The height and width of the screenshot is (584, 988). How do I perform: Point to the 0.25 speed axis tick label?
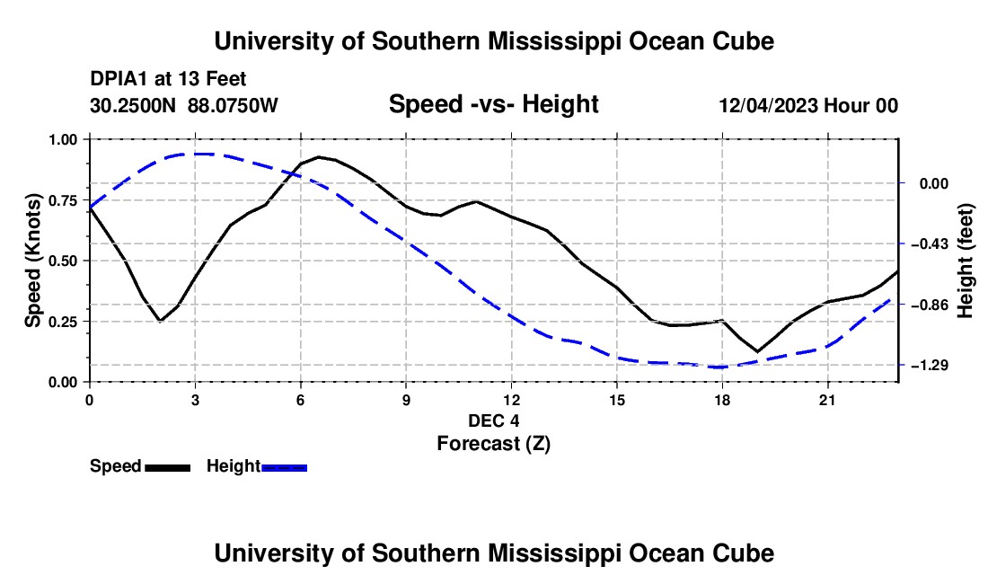click(x=63, y=322)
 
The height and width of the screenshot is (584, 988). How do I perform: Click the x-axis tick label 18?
click(x=722, y=400)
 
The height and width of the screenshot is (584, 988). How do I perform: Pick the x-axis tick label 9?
click(x=406, y=400)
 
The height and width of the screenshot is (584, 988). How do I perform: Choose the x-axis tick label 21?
click(x=827, y=400)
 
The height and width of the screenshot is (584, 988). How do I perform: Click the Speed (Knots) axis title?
click(x=32, y=261)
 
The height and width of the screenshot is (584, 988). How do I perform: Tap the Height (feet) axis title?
click(x=966, y=261)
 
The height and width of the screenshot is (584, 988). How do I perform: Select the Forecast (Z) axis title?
click(x=494, y=444)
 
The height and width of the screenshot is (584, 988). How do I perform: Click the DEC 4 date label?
click(x=494, y=420)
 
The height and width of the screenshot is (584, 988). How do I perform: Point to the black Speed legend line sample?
click(x=168, y=467)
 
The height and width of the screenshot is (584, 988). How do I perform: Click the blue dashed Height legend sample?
click(x=284, y=467)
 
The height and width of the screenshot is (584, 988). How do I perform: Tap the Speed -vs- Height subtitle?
click(x=493, y=104)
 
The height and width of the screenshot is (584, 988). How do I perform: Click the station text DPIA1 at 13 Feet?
click(x=168, y=79)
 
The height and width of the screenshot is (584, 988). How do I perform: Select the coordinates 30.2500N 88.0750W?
click(x=184, y=105)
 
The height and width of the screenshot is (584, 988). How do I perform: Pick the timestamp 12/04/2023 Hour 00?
click(x=808, y=105)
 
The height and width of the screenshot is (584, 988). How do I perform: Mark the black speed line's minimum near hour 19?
click(x=757, y=351)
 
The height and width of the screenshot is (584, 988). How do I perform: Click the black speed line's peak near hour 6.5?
click(x=319, y=157)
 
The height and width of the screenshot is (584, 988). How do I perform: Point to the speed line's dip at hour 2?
click(x=161, y=322)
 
